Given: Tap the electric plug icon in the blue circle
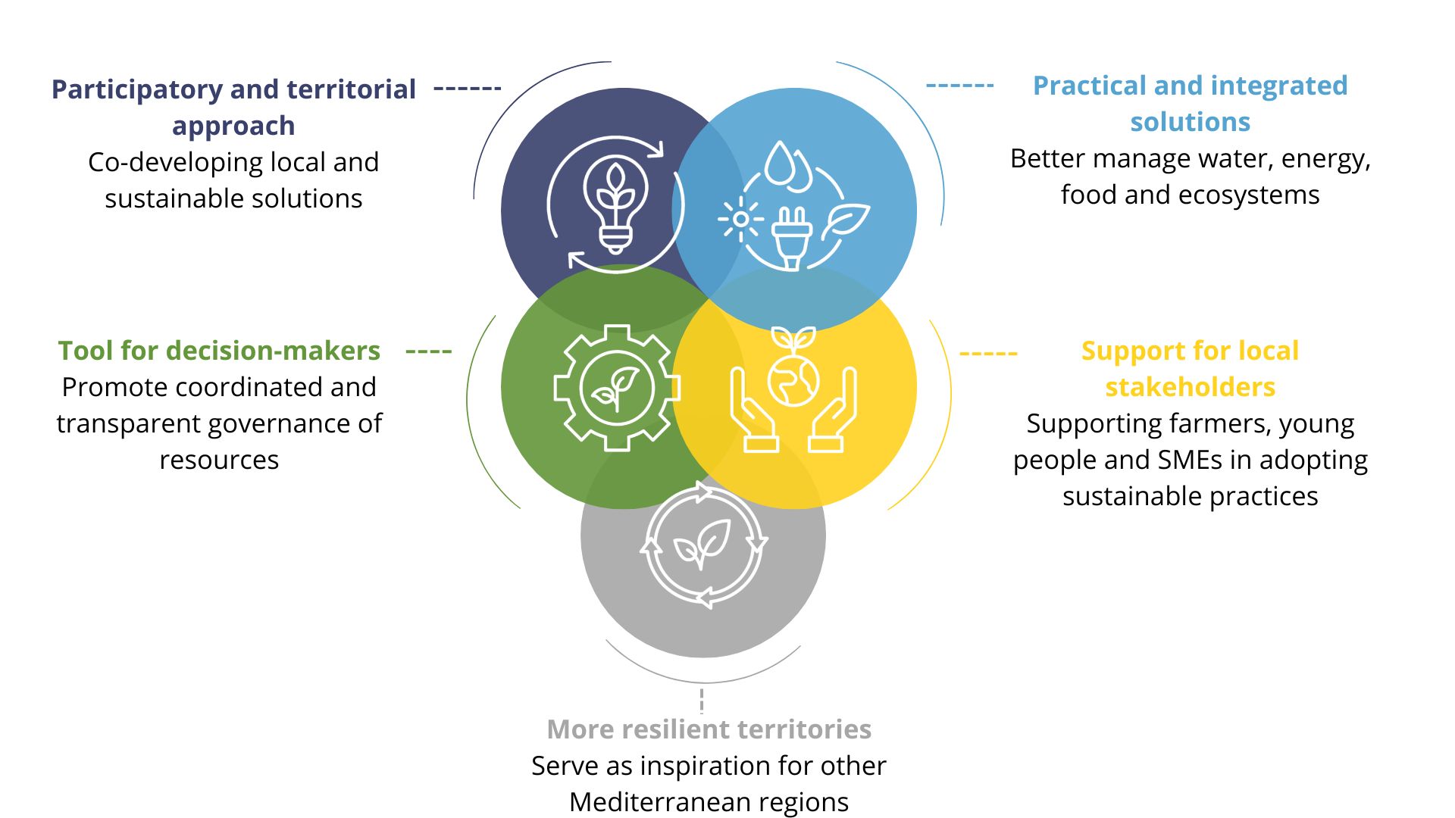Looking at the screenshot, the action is [x=792, y=237].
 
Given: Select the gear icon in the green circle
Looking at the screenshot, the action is [x=616, y=388].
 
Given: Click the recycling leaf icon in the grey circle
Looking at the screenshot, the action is [x=703, y=545].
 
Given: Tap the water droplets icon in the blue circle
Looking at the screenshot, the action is [x=787, y=165].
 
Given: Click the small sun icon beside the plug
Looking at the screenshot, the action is [x=740, y=220].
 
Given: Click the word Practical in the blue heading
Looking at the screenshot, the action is [x=1089, y=86].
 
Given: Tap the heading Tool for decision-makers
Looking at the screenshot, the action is [x=219, y=351].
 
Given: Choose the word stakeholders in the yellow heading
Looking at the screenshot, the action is [x=1190, y=387].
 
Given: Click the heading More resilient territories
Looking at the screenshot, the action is [x=709, y=729].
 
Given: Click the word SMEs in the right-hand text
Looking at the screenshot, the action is [x=1196, y=460].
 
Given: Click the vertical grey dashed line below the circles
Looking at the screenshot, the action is [x=702, y=701].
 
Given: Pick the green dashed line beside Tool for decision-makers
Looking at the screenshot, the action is [x=429, y=351].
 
